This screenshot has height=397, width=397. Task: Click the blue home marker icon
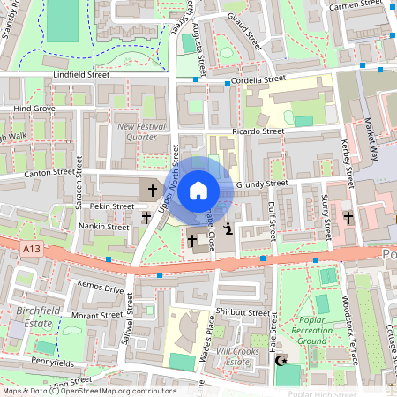198,190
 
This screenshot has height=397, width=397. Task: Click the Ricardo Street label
258,131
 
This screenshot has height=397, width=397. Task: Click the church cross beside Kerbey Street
348,217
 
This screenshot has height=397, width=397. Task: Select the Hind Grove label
34,109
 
